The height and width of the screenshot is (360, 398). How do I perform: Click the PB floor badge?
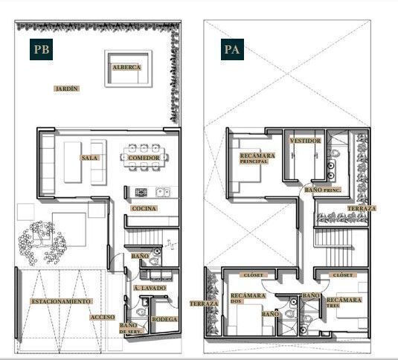(x=41, y=50)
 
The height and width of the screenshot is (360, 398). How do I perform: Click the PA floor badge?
(x=232, y=50)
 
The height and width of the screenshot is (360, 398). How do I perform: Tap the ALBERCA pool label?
(x=126, y=67)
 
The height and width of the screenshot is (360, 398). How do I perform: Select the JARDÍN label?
(x=66, y=89)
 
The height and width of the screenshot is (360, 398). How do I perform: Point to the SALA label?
(x=89, y=158)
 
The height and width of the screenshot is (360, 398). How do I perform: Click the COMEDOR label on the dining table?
(x=144, y=158)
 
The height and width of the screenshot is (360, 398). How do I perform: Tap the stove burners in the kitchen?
(x=141, y=193)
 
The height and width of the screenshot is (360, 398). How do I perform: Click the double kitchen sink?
(x=163, y=193)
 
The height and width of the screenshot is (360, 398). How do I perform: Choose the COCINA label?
(x=144, y=208)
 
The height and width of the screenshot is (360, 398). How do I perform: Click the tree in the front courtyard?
(x=42, y=243)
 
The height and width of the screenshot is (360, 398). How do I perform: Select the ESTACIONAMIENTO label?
(x=61, y=301)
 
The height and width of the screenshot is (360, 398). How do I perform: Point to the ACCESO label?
(x=103, y=317)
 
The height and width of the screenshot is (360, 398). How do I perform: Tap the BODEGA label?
(x=164, y=319)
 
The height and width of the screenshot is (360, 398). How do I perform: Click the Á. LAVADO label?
(x=150, y=288)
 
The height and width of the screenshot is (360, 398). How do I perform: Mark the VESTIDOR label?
(x=305, y=141)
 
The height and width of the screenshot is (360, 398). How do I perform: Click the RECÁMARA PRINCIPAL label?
(x=257, y=158)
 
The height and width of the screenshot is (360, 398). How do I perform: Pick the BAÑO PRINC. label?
(x=323, y=190)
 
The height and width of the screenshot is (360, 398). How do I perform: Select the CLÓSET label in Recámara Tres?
(x=343, y=275)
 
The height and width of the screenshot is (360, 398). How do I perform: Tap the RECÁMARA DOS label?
(x=248, y=298)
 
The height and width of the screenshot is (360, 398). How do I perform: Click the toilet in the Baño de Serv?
(x=141, y=312)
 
